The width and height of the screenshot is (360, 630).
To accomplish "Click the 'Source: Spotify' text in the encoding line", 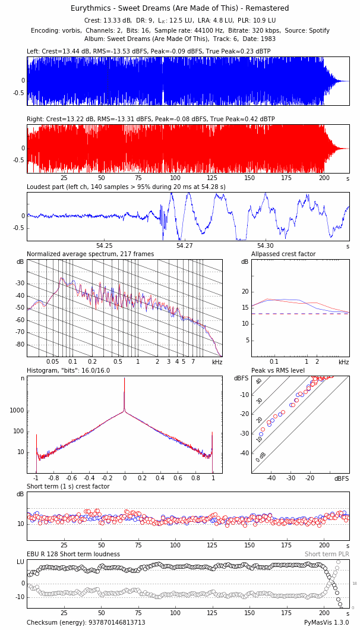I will (x=307, y=30).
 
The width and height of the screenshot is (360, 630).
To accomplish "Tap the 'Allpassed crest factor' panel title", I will (x=283, y=254).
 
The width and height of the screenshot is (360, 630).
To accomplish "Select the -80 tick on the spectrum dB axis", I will (x=20, y=345).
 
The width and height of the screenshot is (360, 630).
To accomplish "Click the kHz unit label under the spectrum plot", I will (x=217, y=362).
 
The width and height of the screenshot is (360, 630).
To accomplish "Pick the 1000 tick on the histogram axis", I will (x=17, y=411).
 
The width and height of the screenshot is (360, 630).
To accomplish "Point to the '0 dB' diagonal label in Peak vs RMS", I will (x=261, y=456).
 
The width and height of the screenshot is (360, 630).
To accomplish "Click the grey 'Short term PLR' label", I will (x=327, y=555).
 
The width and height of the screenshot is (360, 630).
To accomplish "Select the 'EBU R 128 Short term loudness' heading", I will (x=73, y=555).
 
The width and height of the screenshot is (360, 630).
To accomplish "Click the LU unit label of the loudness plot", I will (x=20, y=562).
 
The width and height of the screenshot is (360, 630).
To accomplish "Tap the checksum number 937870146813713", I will (x=107, y=622).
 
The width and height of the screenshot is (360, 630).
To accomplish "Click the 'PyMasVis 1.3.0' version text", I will (x=327, y=622).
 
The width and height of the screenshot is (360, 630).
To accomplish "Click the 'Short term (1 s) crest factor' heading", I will (x=68, y=487).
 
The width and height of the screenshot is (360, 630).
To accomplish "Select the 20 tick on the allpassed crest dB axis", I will (x=244, y=291).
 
